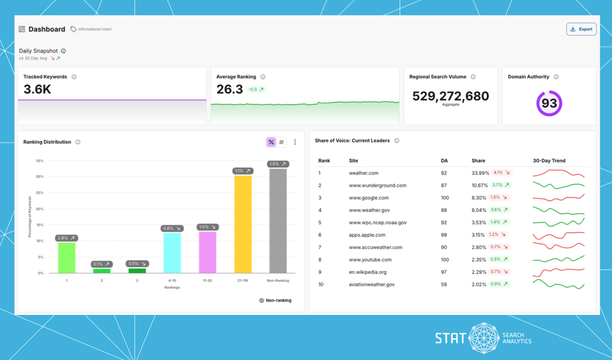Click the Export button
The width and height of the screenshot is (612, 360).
click(x=581, y=29)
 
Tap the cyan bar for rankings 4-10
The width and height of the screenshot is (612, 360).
click(x=172, y=253)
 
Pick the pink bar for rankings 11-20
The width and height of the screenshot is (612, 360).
click(x=208, y=252)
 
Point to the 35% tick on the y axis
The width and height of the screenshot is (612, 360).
click(x=39, y=161)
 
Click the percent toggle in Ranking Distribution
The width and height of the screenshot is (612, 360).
click(x=271, y=142)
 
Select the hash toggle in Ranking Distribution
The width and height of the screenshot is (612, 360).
click(x=282, y=142)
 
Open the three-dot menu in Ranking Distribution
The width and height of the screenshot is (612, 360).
click(x=295, y=142)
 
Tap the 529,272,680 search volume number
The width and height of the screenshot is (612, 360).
click(x=450, y=96)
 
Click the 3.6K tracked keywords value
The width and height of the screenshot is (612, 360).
click(x=37, y=90)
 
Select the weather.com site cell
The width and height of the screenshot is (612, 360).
click(x=363, y=173)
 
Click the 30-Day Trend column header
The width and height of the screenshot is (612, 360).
click(x=549, y=161)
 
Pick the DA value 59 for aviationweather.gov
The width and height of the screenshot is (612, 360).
click(x=444, y=285)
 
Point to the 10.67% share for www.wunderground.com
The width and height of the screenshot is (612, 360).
click(x=480, y=186)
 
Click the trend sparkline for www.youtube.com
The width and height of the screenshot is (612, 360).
click(x=558, y=260)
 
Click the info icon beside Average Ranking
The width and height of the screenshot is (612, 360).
click(x=263, y=77)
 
